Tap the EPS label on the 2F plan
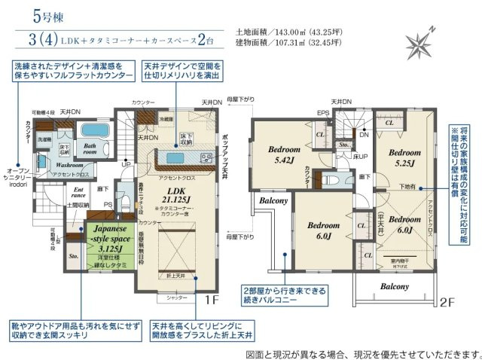tap(322, 114)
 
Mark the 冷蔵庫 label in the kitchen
tap(165, 119)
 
